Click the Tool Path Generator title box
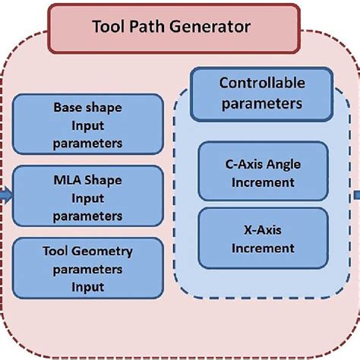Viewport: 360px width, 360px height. [x=180, y=28]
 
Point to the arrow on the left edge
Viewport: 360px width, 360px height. [x=5, y=196]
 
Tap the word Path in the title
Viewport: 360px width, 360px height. [x=151, y=29]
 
